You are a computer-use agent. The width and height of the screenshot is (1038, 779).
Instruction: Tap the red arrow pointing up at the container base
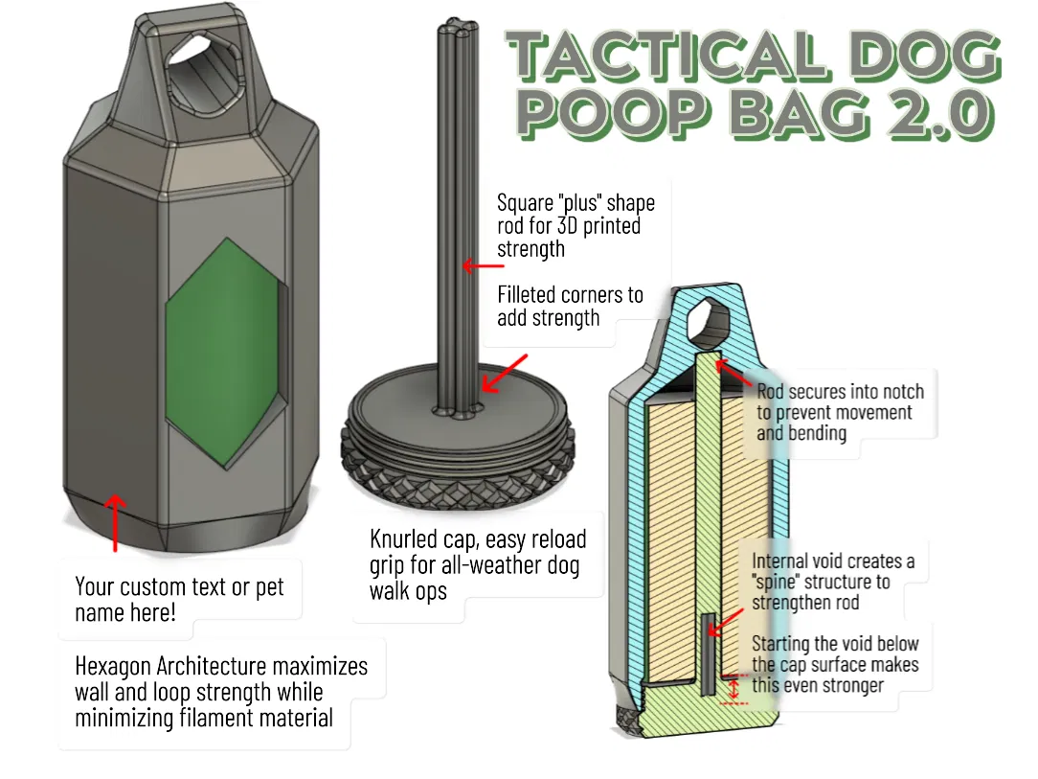(x=115, y=522)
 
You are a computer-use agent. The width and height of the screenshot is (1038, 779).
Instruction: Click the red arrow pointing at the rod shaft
(x=484, y=266)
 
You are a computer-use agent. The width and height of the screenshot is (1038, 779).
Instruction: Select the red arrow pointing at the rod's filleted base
(x=505, y=373)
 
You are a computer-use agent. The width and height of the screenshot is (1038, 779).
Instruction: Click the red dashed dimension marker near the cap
(x=733, y=689)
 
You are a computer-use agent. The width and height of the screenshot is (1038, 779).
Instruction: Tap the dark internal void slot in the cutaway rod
(x=708, y=654)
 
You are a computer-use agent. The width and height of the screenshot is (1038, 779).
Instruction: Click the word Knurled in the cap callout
(x=402, y=538)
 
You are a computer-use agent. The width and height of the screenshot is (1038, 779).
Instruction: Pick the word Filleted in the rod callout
(x=528, y=294)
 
